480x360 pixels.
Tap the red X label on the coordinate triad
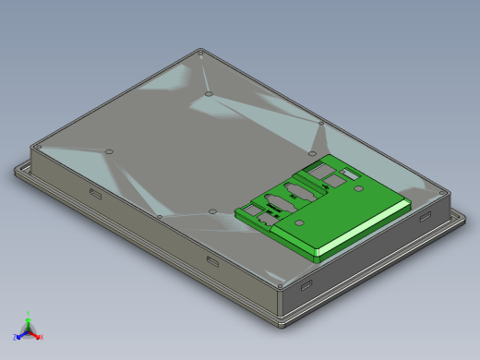(41, 337)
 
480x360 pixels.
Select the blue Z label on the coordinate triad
(16, 337)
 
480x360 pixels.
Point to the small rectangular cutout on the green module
(351, 174)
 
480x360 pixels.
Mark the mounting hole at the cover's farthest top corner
(201, 54)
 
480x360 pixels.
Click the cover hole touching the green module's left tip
(212, 211)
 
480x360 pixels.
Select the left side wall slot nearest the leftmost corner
(95, 193)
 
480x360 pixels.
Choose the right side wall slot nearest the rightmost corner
(425, 215)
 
